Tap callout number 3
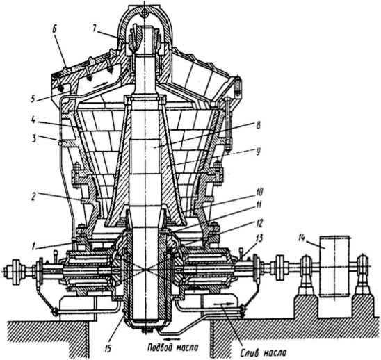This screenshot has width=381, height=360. [x=34, y=139]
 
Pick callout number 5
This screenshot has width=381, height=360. [x=33, y=99]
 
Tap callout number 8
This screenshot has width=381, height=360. [x=258, y=125]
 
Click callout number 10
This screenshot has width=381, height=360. [x=259, y=192]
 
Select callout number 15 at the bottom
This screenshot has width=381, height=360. [x=108, y=349]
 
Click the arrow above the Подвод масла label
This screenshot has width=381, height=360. [x=172, y=338]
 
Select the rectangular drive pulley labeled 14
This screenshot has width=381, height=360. [x=334, y=266]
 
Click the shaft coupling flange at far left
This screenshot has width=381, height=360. [x=17, y=270]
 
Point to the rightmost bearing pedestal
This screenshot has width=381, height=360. [x=363, y=277]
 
